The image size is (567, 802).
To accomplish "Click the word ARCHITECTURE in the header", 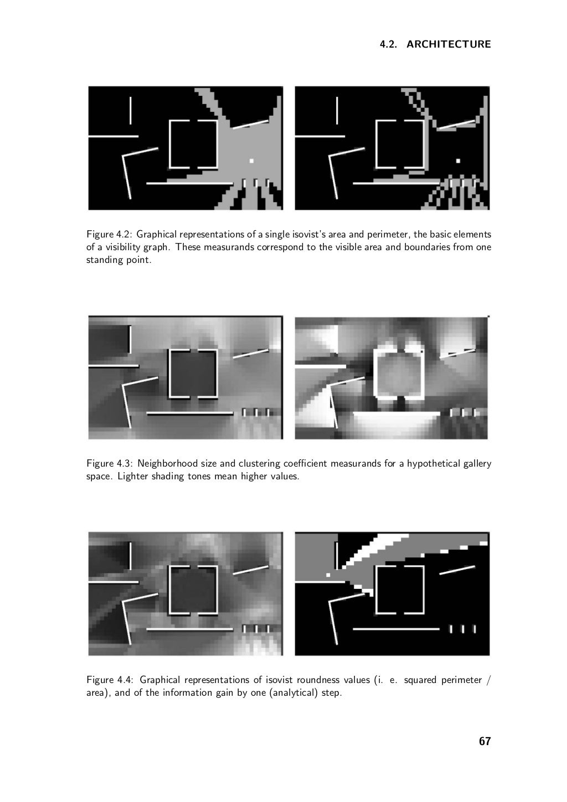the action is point(449,44).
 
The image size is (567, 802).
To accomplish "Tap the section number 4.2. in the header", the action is point(389,44).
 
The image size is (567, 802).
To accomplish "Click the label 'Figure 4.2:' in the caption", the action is point(110,235).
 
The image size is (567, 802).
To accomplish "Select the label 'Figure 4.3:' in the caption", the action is point(110,464).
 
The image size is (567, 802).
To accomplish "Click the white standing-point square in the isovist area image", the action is point(251,161).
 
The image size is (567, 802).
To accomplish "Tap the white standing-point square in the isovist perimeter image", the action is point(458,161).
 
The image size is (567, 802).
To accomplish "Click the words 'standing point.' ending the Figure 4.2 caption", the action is point(119,260).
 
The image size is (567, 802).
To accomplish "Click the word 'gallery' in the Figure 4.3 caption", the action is point(477,464).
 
